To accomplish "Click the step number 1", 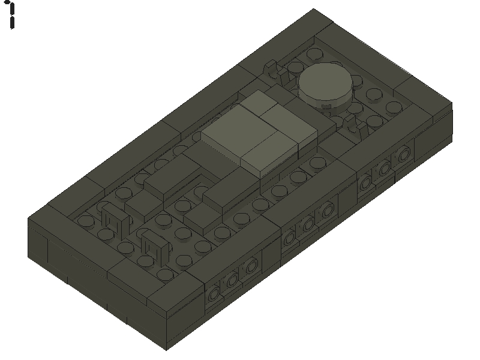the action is [x=11, y=14].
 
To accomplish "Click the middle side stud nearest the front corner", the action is [x=233, y=278].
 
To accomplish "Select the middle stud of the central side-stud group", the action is [x=308, y=226].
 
